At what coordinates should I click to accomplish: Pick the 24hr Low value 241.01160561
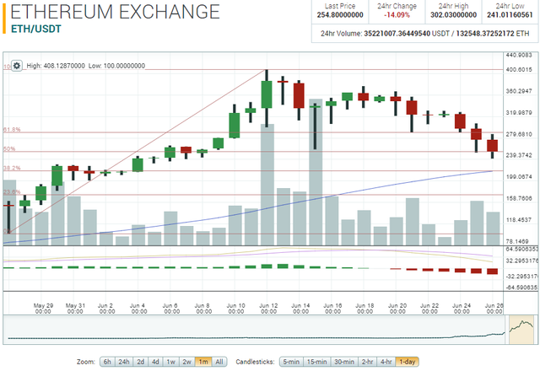point(510,14)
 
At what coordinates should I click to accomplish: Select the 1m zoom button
point(202,361)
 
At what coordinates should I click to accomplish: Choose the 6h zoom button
point(107,361)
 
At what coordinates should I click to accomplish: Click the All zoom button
point(219,361)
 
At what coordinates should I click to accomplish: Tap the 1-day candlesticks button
point(408,361)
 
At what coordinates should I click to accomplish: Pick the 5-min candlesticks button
point(291,361)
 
